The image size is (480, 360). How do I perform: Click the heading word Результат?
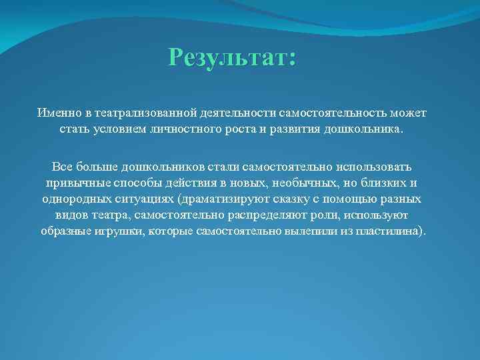point(229,57)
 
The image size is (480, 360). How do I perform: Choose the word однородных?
point(75,199)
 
